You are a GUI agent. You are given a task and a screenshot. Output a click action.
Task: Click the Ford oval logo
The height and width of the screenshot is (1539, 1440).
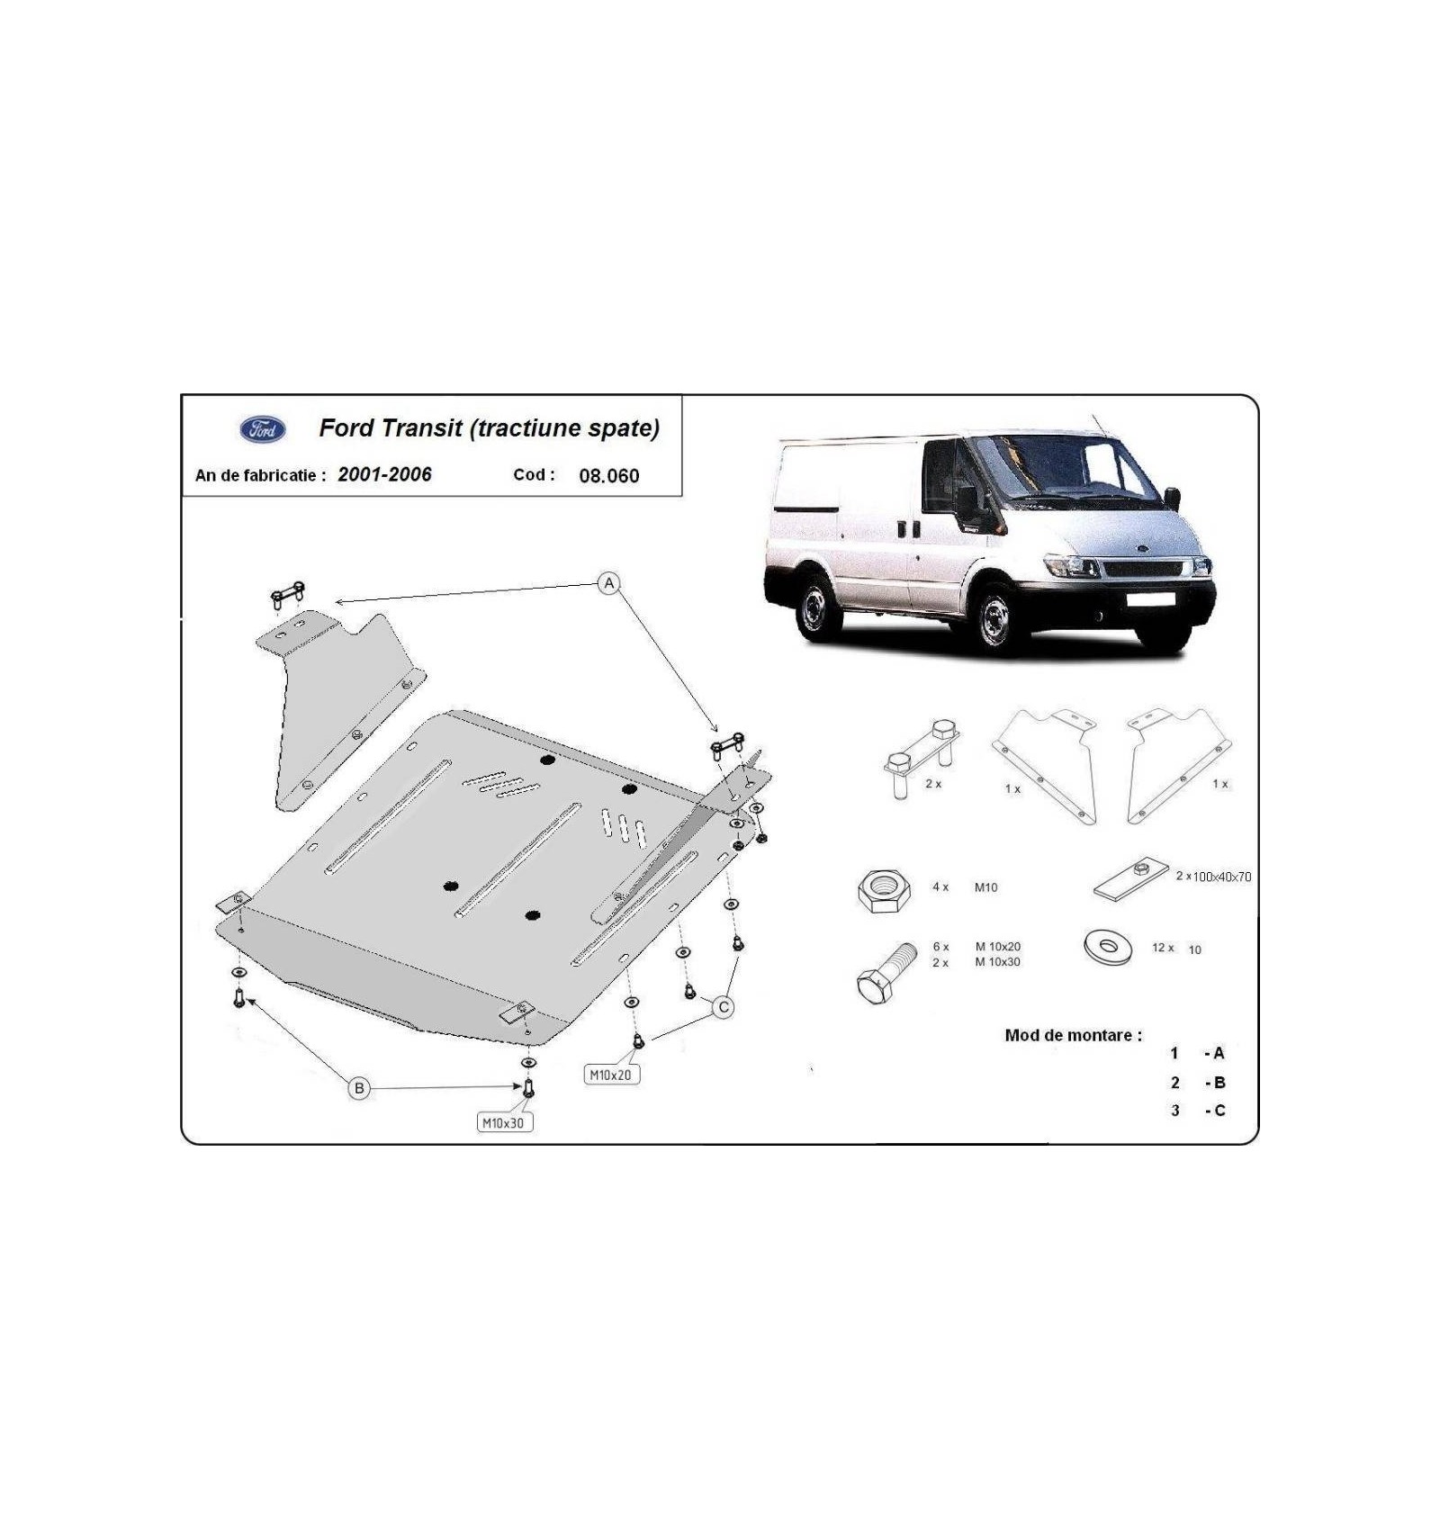point(263,429)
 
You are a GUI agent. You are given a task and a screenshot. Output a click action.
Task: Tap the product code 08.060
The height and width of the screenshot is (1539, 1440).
point(609,476)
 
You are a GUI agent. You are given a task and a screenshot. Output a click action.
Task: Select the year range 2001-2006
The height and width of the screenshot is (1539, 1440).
point(384,474)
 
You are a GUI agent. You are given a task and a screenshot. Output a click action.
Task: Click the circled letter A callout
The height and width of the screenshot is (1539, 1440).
point(609,583)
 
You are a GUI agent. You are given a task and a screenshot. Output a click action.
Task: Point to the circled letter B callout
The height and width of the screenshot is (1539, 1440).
point(359,1088)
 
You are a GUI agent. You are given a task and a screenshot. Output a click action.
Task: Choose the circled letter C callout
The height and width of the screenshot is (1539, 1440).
point(724,1007)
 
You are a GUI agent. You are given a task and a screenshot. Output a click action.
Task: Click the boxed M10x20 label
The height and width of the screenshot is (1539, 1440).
point(611,1075)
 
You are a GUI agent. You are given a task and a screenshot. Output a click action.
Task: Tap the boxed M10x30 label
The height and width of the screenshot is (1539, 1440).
point(503,1122)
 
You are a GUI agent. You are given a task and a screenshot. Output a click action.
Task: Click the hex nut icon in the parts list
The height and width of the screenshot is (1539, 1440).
point(883,890)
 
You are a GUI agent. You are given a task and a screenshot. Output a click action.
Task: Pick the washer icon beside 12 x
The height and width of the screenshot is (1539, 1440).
point(1108,948)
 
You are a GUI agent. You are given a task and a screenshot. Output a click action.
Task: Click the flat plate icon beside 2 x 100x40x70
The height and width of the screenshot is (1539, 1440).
point(1130,879)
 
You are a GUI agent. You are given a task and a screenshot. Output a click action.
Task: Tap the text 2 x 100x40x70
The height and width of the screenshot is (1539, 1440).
point(1213,877)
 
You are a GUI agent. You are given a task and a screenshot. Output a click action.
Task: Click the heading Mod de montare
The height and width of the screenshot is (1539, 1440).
point(1073,1035)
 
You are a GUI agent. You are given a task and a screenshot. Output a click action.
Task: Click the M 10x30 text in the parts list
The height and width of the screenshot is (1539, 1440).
point(998,962)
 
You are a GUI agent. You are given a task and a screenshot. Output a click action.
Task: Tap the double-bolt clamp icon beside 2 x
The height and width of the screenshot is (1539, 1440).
point(921,759)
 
